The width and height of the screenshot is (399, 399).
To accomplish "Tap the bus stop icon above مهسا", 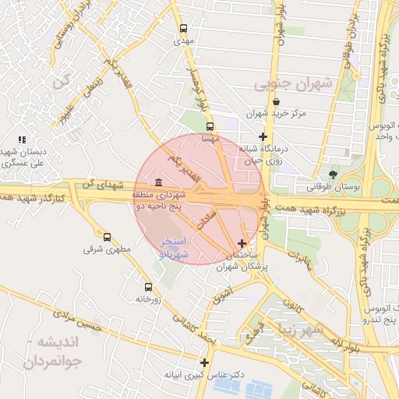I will pos(209,125).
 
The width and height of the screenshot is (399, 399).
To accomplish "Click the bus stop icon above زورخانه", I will pos(148,287).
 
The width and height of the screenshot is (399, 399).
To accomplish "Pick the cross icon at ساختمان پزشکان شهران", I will pos(242,244).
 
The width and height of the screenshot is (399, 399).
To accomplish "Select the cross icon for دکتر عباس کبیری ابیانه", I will pos(204,362).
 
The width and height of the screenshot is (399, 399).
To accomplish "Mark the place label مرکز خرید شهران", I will pos(276,114).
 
